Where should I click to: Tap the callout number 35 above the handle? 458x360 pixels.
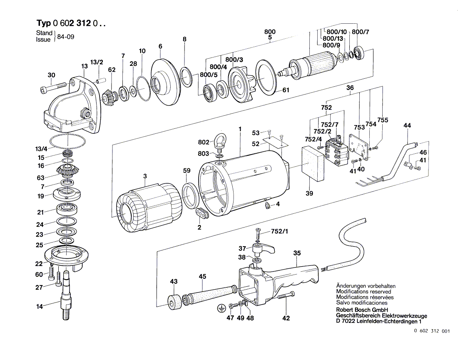tap(297, 253)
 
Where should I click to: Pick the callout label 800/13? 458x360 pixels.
tap(333, 39)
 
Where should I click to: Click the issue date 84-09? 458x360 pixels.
tap(66, 37)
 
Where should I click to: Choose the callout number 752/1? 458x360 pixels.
tap(279, 231)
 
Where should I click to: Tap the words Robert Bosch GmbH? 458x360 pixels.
tap(362, 310)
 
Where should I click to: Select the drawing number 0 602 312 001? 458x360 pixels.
tap(432, 331)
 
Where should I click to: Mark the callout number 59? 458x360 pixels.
tap(187, 170)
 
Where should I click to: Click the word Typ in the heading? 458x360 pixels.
tap(43, 23)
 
